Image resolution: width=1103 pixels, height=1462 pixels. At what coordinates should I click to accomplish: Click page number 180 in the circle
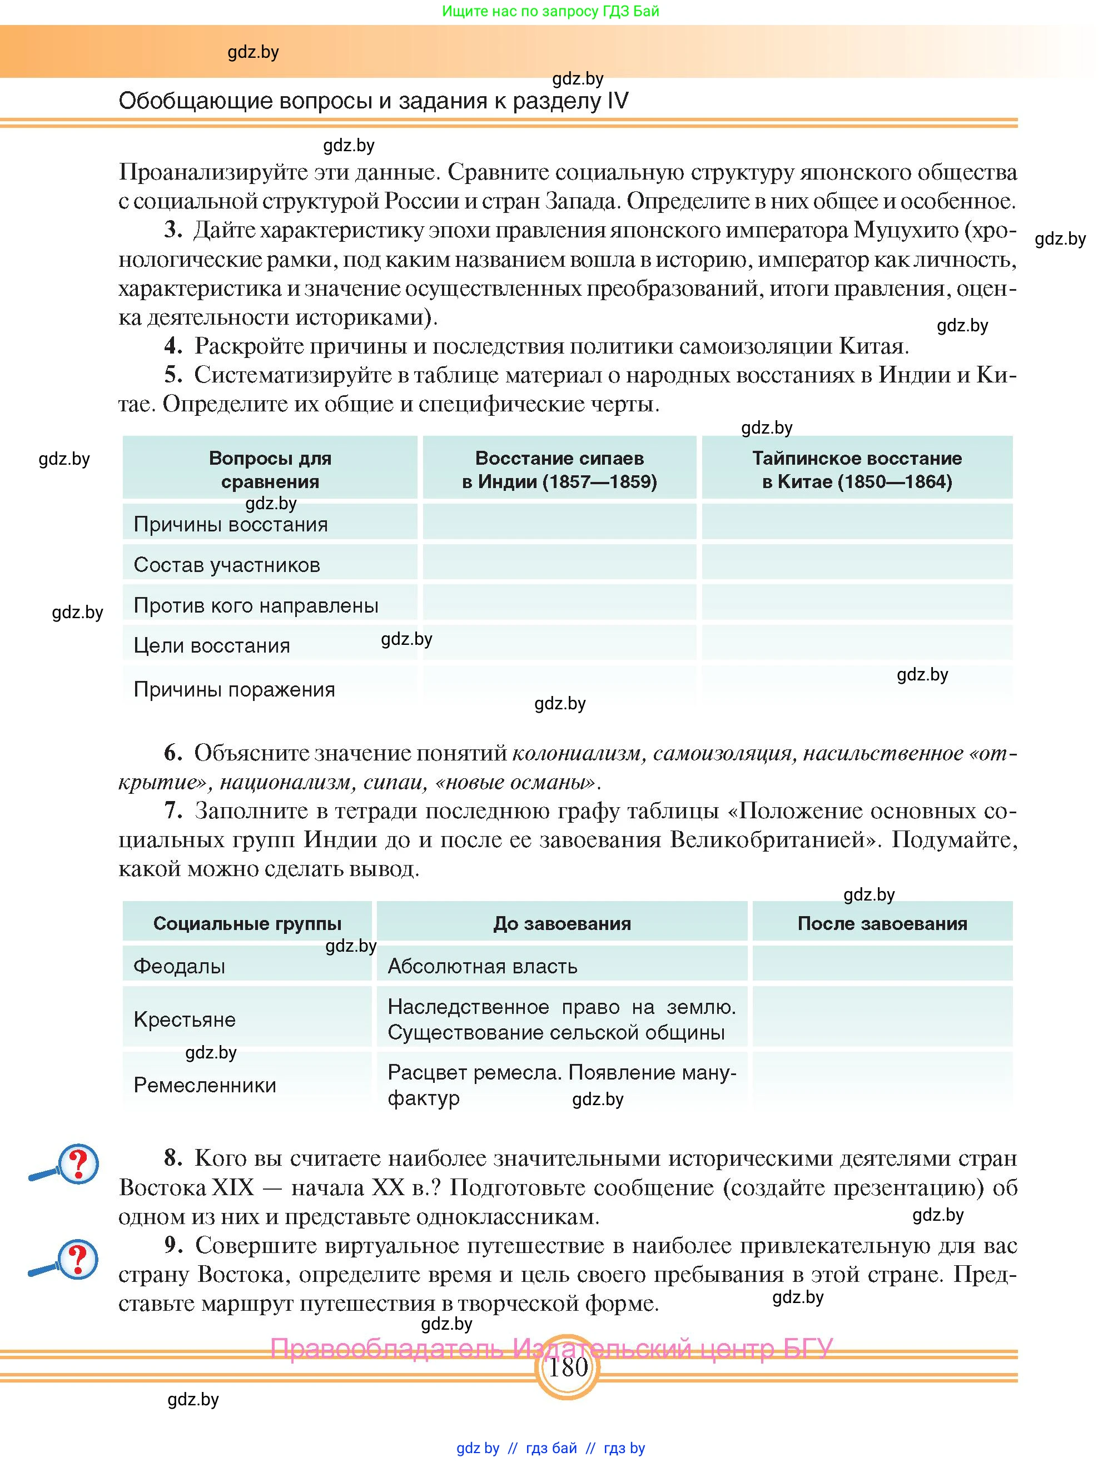pos(568,1367)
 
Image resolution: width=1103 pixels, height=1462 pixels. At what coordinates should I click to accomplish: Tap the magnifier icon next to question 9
pos(66,1260)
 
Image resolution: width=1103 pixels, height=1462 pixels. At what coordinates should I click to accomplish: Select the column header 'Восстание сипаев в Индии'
pos(559,469)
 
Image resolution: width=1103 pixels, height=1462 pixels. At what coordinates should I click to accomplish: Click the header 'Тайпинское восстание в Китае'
pos(857,469)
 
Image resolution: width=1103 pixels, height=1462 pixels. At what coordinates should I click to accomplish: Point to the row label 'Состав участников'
pos(227,565)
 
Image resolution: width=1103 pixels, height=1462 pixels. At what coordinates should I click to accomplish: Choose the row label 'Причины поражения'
pos(234,689)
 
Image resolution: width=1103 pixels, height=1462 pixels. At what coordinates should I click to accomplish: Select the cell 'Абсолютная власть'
pos(483,966)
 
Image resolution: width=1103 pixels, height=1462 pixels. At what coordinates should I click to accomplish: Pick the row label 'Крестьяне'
pos(185,1019)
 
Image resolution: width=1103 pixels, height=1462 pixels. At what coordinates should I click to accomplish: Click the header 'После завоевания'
pos(882,923)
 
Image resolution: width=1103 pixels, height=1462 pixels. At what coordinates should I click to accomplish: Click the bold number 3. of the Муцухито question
pos(173,230)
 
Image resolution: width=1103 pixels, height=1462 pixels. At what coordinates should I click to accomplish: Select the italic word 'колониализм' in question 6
pos(577,753)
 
